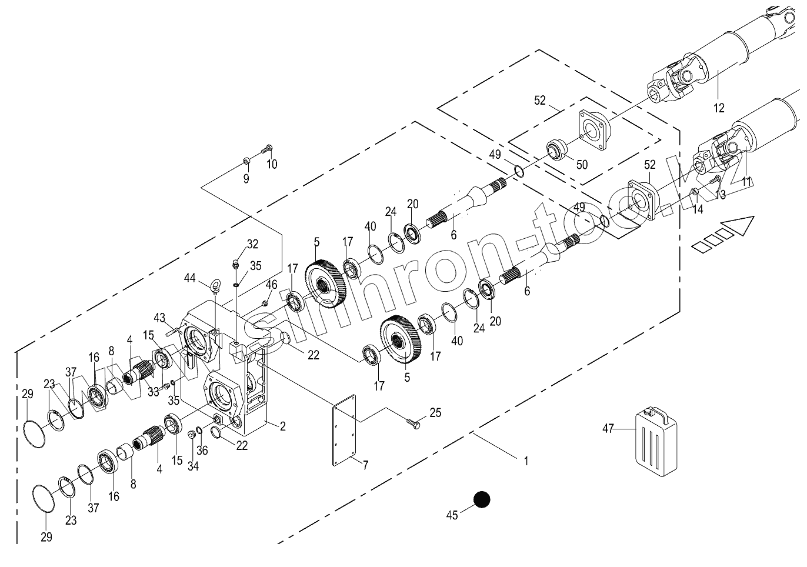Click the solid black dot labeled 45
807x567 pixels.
click(x=482, y=499)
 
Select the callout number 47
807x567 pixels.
click(x=608, y=429)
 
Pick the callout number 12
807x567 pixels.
click(x=719, y=108)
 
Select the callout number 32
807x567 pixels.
click(x=252, y=244)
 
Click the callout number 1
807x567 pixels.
click(x=526, y=461)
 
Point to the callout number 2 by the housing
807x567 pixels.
click(x=282, y=426)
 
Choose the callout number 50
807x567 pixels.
click(x=581, y=165)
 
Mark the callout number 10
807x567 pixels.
click(x=271, y=164)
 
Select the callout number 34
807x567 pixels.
click(x=193, y=466)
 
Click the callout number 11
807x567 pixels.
click(x=746, y=182)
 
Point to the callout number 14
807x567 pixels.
click(x=697, y=208)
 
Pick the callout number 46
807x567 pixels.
click(x=271, y=285)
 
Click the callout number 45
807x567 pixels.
click(x=452, y=515)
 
